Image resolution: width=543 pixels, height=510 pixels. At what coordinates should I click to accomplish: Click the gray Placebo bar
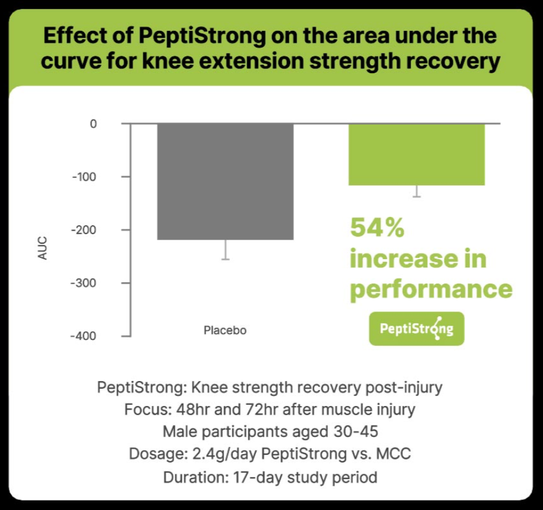225,181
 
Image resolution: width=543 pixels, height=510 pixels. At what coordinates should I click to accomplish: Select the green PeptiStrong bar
416,155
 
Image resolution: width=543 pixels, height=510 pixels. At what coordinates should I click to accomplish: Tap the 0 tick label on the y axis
93,124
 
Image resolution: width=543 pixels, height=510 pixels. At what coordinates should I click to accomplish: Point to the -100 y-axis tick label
85,177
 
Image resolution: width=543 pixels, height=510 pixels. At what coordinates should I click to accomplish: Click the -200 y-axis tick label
85,230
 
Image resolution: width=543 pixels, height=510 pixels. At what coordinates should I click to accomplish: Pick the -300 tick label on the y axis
85,283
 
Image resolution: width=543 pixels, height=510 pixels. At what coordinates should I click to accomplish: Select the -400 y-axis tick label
85,336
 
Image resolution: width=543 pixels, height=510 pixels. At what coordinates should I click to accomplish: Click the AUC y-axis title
42,248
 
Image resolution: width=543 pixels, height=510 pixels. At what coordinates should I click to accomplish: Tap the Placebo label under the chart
225,330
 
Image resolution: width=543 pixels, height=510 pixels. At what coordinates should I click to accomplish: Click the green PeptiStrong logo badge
416,328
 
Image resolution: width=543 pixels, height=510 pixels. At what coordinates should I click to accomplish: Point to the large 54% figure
377,227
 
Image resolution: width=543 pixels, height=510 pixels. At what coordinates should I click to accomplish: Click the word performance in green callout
431,289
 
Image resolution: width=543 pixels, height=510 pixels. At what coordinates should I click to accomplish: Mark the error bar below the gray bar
225,250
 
